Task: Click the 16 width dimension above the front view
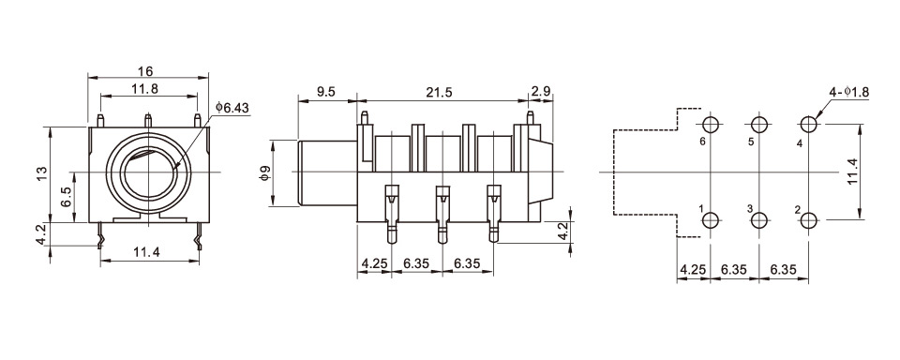(x=146, y=71)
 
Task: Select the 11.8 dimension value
(x=145, y=89)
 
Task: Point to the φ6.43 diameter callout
(x=232, y=108)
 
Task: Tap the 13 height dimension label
(x=41, y=174)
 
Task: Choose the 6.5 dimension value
(x=66, y=197)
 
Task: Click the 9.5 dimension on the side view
(x=325, y=92)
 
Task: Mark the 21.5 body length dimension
(x=440, y=92)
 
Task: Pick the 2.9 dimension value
(x=541, y=92)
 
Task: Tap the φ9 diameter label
(x=264, y=173)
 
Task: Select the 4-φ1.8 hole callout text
(x=849, y=93)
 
